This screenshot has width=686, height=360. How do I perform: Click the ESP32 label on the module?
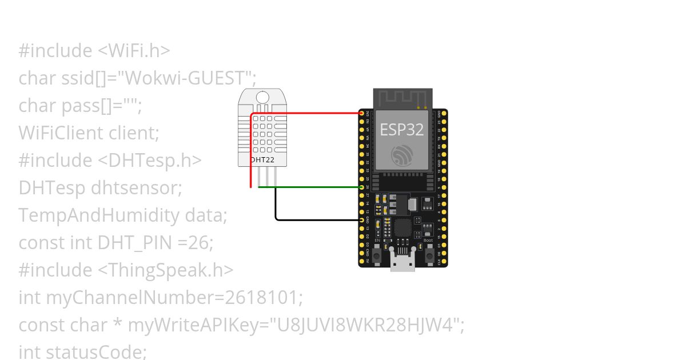click(402, 129)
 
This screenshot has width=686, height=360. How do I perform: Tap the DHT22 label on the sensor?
click(263, 160)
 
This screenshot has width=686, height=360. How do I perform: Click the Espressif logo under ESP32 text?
click(402, 155)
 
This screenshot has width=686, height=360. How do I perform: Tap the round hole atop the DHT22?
click(263, 98)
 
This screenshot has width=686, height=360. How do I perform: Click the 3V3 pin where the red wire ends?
click(361, 113)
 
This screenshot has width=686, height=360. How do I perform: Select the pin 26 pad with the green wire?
click(361, 187)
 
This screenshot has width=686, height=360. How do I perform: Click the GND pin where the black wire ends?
click(361, 219)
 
